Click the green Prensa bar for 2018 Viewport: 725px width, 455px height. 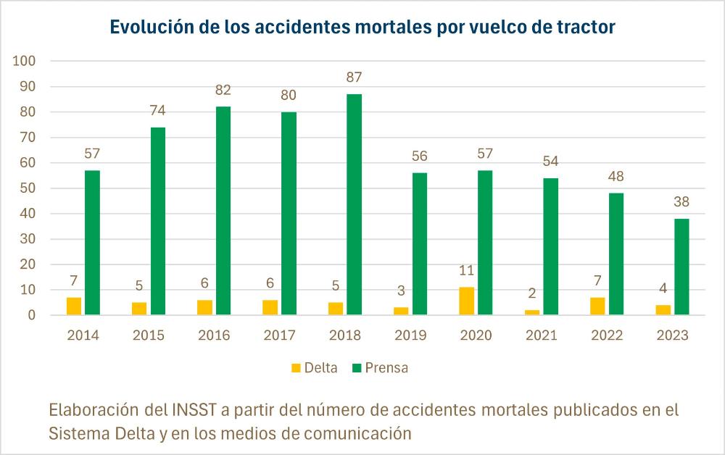point(354,204)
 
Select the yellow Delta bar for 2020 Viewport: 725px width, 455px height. point(466,301)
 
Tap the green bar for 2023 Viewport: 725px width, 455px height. point(681,267)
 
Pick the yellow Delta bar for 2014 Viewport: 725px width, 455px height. point(74,306)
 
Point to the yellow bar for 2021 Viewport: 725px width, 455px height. point(531,312)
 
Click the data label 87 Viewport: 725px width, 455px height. point(354,78)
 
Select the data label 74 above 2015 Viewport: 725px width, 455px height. point(157,111)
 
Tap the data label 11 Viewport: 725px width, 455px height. point(466,272)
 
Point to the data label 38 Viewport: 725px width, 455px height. point(681,202)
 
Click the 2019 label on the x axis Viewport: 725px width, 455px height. point(410,336)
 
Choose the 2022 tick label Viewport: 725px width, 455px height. point(607,336)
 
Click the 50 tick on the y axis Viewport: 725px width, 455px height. point(28,188)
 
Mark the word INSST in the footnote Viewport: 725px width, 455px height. point(193,410)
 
